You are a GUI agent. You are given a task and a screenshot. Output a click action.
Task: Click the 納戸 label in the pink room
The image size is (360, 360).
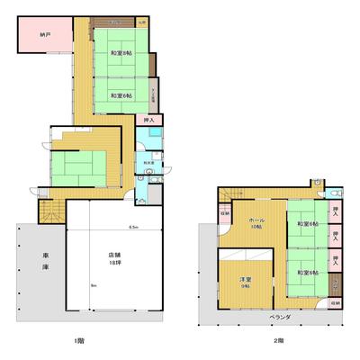(x=44, y=35)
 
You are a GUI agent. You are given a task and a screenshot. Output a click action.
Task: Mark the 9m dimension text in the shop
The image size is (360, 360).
(x=92, y=285)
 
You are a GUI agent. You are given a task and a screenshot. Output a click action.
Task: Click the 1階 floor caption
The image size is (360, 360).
(x=106, y=340)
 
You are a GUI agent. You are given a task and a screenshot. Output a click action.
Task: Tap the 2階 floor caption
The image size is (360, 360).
(x=279, y=340)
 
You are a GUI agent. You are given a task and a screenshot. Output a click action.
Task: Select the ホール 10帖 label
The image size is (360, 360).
(x=256, y=222)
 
